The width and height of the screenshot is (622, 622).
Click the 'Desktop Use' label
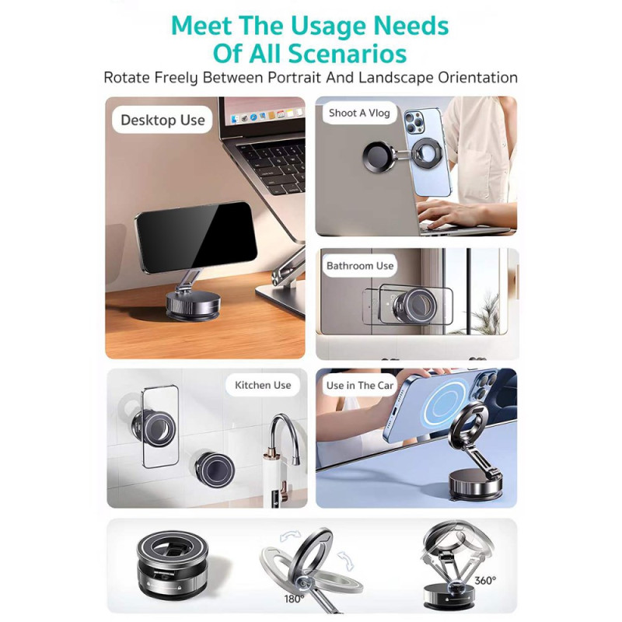[162, 120]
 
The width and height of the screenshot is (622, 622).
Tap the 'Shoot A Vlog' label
[359, 113]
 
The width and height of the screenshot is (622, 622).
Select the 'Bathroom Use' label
[360, 266]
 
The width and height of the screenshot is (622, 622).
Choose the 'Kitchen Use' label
[263, 385]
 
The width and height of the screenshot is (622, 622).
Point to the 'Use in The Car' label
[360, 386]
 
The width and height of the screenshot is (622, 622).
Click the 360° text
[485, 580]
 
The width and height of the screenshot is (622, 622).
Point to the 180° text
[294, 599]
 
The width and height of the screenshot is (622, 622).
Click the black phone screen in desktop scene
[197, 237]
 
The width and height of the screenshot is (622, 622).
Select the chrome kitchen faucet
[284, 439]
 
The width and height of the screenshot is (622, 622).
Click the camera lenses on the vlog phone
[414, 121]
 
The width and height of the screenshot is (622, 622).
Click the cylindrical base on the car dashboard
[475, 485]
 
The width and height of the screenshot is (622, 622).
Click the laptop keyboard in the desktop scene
[274, 166]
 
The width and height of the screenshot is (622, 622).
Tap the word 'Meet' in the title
[201, 26]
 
